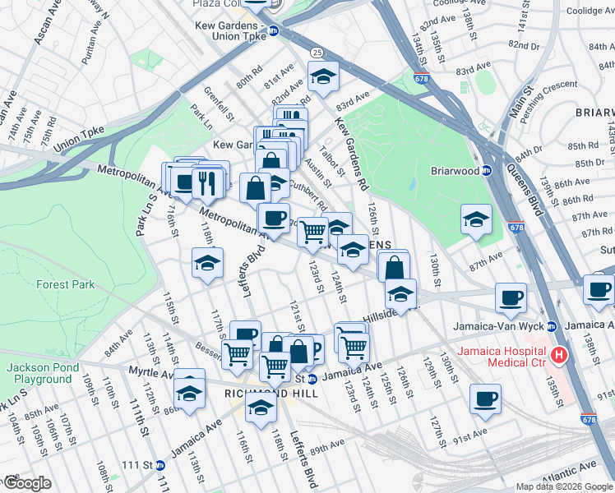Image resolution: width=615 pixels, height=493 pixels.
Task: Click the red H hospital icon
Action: tap(560, 356)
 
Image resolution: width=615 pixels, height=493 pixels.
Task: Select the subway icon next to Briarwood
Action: tap(486, 171)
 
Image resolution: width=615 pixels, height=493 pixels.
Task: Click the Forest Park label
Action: tap(65, 285)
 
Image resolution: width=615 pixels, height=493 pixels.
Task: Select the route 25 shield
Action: tap(317, 53)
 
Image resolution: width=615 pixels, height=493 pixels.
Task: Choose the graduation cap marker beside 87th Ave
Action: tap(475, 219)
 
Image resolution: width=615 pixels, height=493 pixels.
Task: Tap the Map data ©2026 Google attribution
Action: tap(564, 486)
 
